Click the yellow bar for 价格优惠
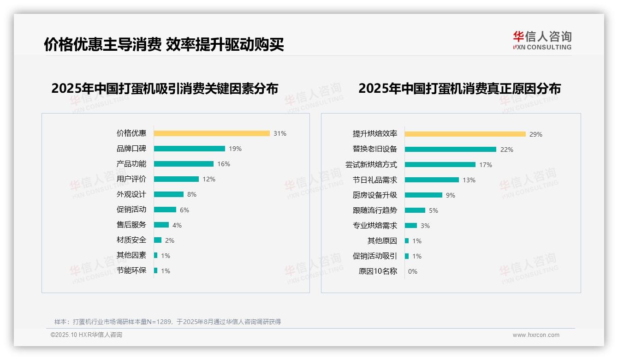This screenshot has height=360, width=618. pyautogui.click(x=212, y=133)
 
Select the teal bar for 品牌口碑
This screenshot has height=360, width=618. pyautogui.click(x=189, y=149)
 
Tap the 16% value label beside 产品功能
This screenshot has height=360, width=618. pyautogui.click(x=224, y=164)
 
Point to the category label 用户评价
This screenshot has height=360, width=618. pyautogui.click(x=131, y=179)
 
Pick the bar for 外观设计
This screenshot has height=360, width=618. pyautogui.click(x=168, y=194)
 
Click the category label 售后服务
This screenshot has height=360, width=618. pyautogui.click(x=131, y=225)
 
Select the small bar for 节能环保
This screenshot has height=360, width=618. pyautogui.click(x=155, y=270)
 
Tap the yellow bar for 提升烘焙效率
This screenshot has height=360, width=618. pyautogui.click(x=465, y=134)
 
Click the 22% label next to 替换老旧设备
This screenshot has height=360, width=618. pyautogui.click(x=507, y=150)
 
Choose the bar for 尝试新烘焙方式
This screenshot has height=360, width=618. pyautogui.click(x=440, y=165)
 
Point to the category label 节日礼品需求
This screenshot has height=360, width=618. pyautogui.click(x=374, y=180)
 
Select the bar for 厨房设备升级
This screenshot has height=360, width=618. pyautogui.click(x=423, y=195)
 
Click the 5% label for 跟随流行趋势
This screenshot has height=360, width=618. pyautogui.click(x=434, y=210)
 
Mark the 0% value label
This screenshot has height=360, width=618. pyautogui.click(x=413, y=271)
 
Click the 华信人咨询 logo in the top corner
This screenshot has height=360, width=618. pyautogui.click(x=542, y=40)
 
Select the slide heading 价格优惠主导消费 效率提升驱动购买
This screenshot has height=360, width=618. pyautogui.click(x=164, y=44)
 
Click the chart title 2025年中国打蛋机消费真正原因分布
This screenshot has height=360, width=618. pyautogui.click(x=459, y=89)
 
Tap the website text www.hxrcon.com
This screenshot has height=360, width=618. pyautogui.click(x=536, y=335)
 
